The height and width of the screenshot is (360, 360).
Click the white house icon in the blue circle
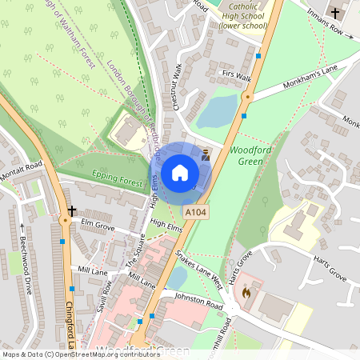pyautogui.click(x=180, y=172)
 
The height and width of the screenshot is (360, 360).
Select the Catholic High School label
pyautogui.click(x=244, y=15)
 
